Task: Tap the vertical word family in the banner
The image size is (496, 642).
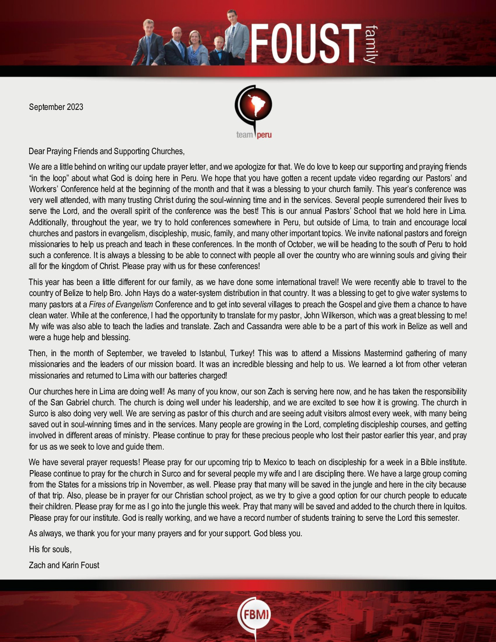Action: (x=372, y=44)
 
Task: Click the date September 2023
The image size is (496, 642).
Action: (x=56, y=107)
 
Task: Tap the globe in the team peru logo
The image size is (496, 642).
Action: (x=254, y=105)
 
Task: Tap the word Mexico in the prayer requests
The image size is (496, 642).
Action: (x=274, y=462)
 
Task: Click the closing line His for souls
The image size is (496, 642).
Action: (x=50, y=549)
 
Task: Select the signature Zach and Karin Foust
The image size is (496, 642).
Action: (x=64, y=565)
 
